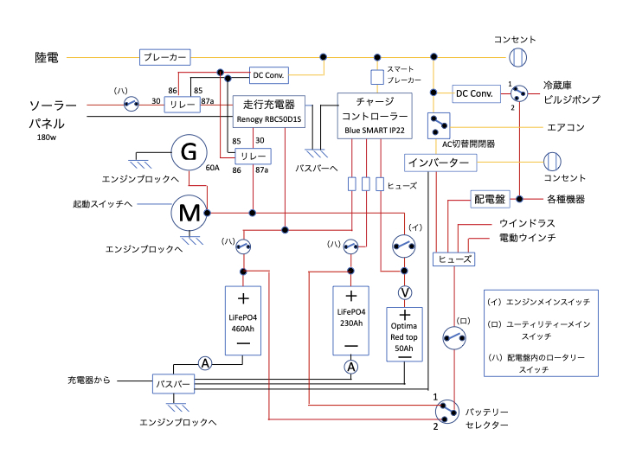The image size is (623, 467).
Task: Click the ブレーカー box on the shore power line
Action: (x=164, y=57)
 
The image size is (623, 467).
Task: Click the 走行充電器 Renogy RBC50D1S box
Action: (x=267, y=110)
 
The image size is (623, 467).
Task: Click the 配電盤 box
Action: (x=489, y=200)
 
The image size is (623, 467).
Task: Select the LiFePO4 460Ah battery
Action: (x=243, y=320)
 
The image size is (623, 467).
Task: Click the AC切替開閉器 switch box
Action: (x=441, y=125)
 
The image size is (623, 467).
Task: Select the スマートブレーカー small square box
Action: (x=377, y=77)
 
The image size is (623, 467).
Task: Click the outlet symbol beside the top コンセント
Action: (x=517, y=57)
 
